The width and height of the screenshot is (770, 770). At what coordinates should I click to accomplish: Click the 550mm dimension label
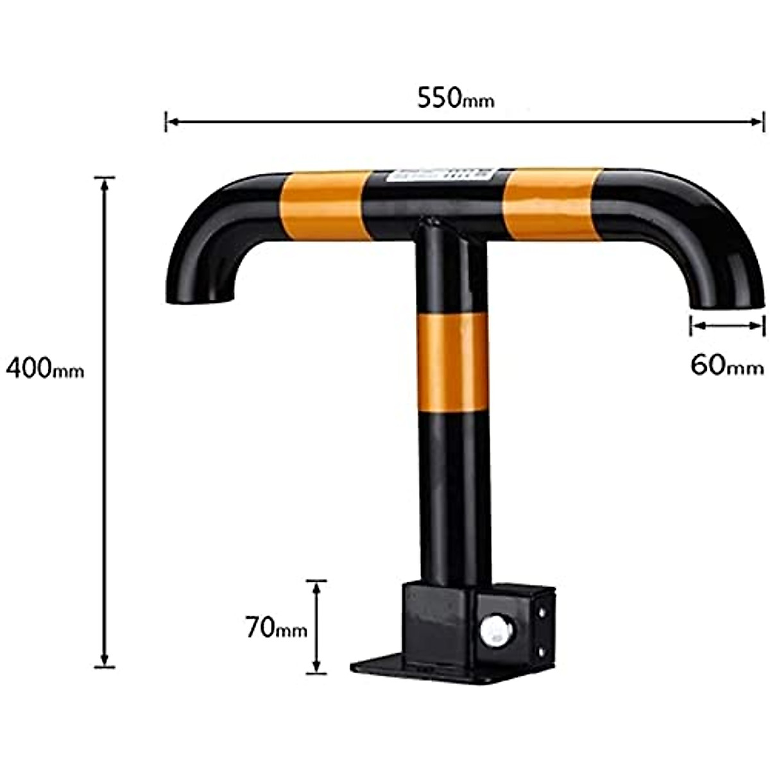pos(456,98)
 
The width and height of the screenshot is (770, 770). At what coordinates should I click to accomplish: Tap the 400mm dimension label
pos(45,368)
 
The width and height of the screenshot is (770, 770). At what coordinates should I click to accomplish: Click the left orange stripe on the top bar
pos(322,205)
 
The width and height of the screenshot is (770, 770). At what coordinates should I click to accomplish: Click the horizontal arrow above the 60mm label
pos(727,326)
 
